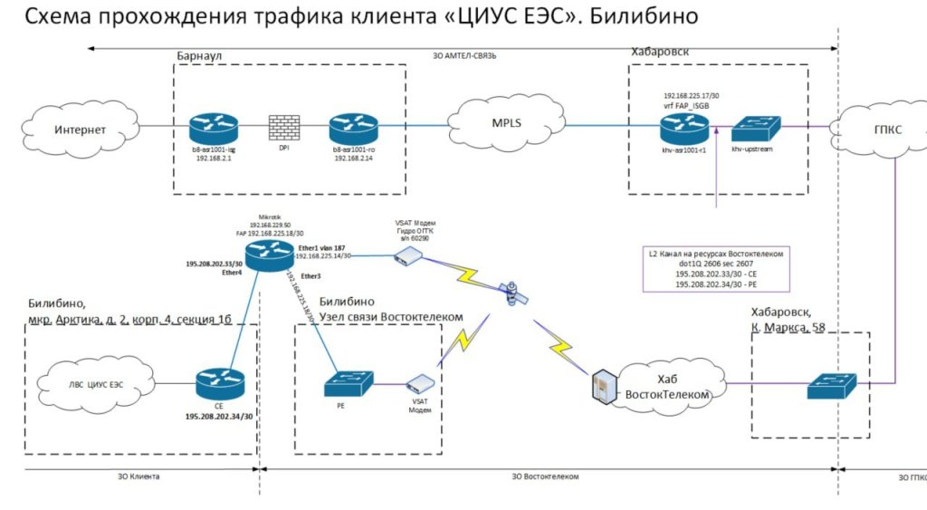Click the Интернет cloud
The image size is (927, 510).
click(80, 130)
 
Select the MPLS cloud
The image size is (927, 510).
click(506, 123)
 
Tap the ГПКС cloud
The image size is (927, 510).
click(884, 130)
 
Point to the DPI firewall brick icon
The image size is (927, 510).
click(282, 128)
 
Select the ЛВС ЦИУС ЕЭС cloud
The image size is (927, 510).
click(92, 384)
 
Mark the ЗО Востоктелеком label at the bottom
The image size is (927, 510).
click(545, 476)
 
